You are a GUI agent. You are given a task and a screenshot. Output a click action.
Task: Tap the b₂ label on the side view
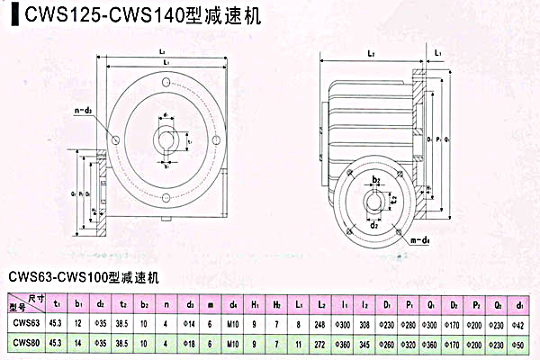pos(378,180)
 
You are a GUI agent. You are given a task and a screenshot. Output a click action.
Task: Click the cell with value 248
pos(319,322)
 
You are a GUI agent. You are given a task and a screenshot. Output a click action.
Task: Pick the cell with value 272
pos(319,343)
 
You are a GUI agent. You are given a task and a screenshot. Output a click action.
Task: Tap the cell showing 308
pos(365,322)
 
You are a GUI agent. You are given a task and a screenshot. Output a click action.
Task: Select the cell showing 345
pos(365,343)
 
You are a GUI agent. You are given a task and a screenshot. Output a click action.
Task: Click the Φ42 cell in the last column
pos(522,322)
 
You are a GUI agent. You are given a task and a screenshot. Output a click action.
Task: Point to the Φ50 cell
pos(522,343)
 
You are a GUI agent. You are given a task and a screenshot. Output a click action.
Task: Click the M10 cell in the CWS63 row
pos(233,322)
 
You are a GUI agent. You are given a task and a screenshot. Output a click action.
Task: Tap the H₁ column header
pos(256,302)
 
